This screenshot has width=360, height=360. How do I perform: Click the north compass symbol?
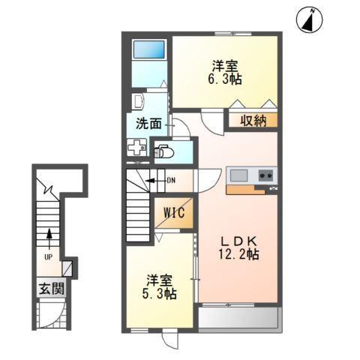click(x=309, y=19)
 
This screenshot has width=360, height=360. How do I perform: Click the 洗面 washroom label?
click(x=148, y=122)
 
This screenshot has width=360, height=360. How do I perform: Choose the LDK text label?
click(x=239, y=241)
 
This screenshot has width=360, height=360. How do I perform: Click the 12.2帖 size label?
click(x=239, y=255)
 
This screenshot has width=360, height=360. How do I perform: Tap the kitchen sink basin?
click(x=239, y=176)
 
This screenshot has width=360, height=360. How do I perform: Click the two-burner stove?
click(x=266, y=176)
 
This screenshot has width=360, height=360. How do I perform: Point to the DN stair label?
click(x=170, y=180)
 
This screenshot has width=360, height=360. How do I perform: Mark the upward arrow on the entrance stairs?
click(x=49, y=238)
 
